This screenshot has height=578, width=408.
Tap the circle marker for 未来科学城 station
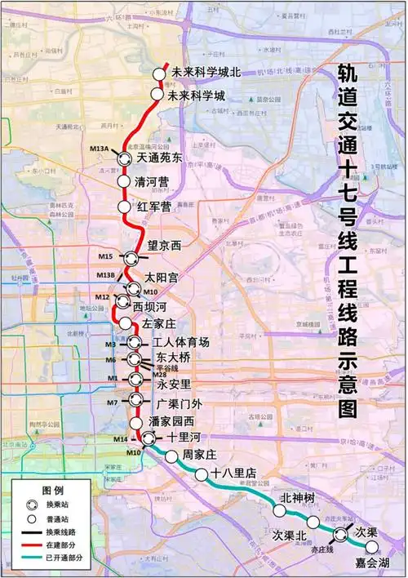tap(157, 95)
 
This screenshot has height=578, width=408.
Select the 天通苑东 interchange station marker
tap(124, 159)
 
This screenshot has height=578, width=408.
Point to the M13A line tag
tap(99, 149)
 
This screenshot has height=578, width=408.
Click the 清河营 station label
tap(154, 181)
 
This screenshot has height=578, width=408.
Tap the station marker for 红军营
tap(124, 207)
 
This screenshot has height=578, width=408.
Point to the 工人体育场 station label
tap(180, 341)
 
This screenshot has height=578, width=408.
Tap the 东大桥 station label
tap(173, 358)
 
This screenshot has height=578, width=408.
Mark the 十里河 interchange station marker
tap(148, 439)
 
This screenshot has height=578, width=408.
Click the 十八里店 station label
tap(233, 474)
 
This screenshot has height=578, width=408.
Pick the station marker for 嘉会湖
tap(372, 548)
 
